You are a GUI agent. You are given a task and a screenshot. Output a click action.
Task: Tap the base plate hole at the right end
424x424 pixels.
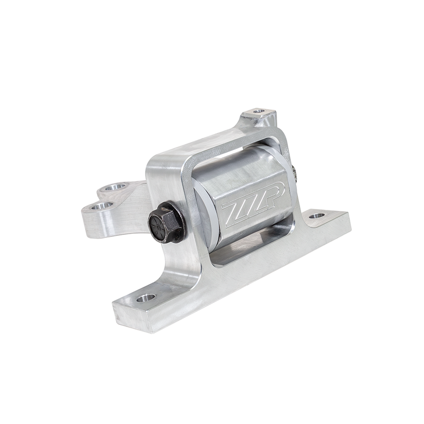point(316,216)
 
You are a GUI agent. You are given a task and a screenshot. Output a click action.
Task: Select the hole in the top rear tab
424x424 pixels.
point(259,111)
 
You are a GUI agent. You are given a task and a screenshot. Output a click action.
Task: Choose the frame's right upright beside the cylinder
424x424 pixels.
point(295,201)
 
